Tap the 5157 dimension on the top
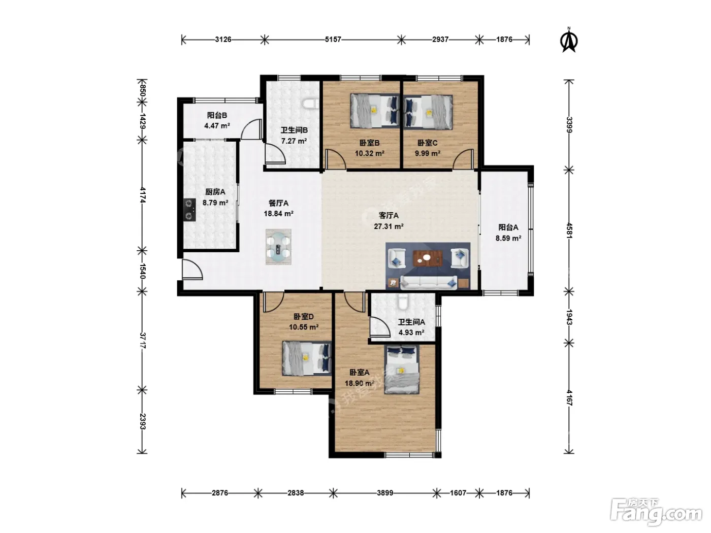coord(333,40)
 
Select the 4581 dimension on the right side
coord(569,230)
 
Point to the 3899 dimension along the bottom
coord(385,493)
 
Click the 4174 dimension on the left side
coord(142,195)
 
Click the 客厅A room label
coord(389,216)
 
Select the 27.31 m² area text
coord(389,226)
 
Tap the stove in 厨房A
coord(189,210)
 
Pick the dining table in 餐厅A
coord(278,247)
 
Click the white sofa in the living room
coord(429,283)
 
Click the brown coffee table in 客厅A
coord(428,258)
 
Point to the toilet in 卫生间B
coord(311,104)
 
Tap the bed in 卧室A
coord(402,370)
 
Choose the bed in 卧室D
coord(306,358)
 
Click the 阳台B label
coord(217,115)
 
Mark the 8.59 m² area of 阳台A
coord(508,239)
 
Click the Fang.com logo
coord(656,512)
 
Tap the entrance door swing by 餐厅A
coord(192,269)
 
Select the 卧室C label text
coord(427,143)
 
